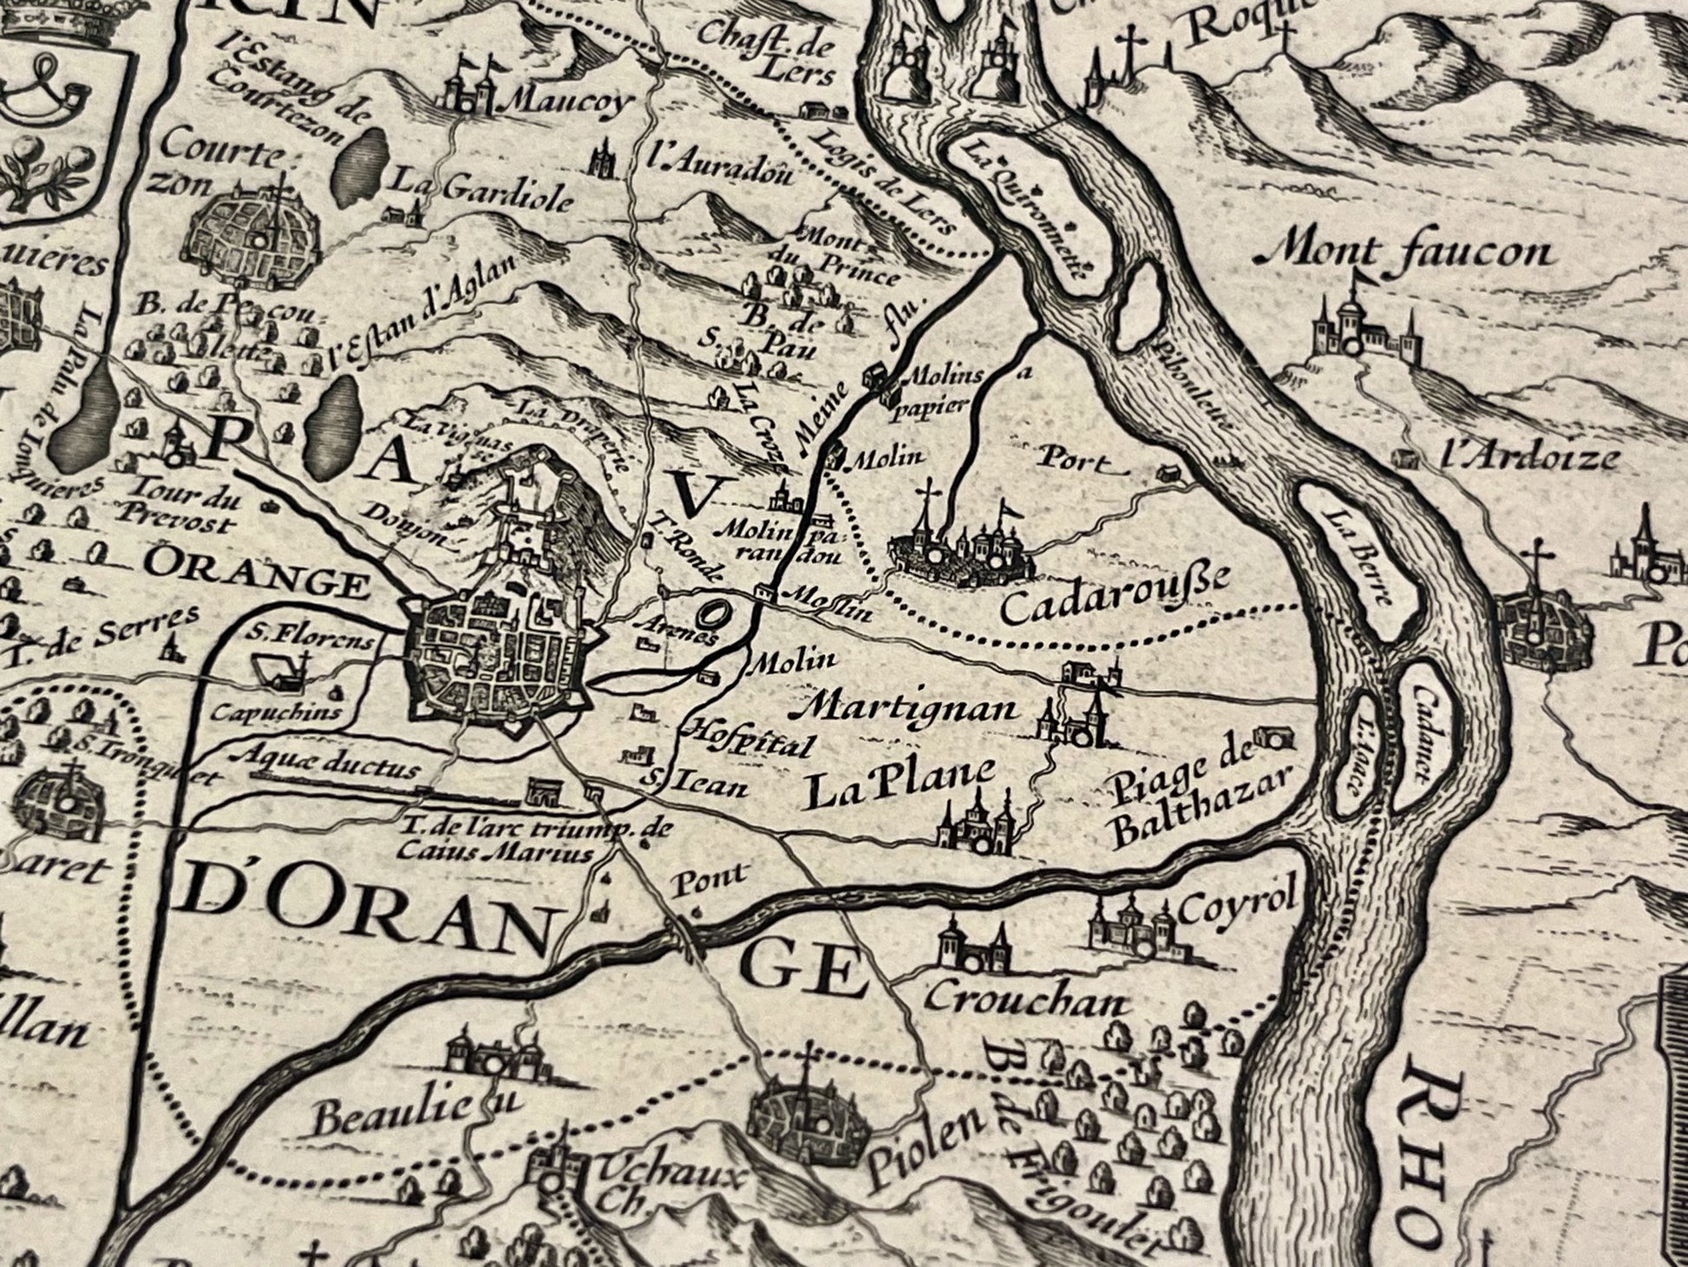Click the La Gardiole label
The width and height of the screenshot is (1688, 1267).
pos(483,191)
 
